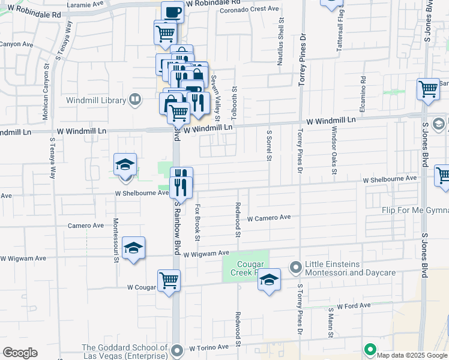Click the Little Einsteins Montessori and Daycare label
351,269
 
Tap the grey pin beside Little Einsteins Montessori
295,266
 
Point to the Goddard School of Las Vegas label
125,352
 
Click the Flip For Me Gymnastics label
415,211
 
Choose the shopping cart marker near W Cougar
169,280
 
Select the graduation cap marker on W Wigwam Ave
133,248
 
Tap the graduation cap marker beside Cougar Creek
270,280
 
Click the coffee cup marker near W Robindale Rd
172,12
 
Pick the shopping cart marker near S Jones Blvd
429,89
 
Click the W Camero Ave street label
268,218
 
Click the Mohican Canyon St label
46,91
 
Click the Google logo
20,352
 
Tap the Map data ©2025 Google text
412,355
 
